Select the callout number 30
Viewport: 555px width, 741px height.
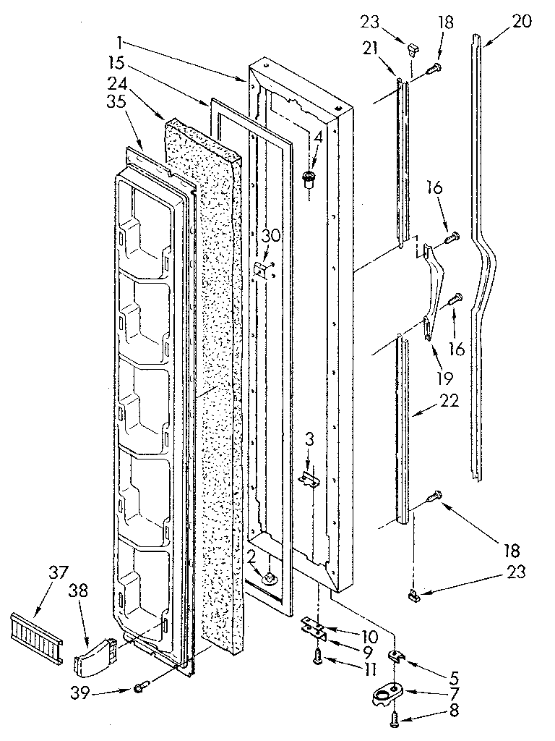[x=270, y=235]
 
